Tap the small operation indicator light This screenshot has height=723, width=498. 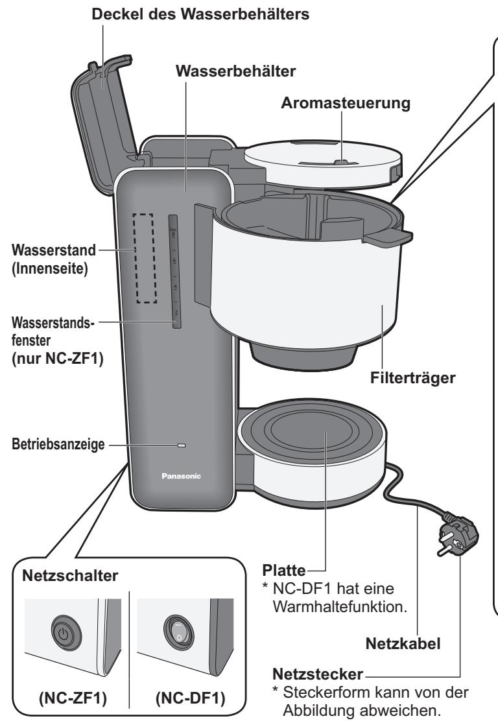[x=182, y=446]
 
